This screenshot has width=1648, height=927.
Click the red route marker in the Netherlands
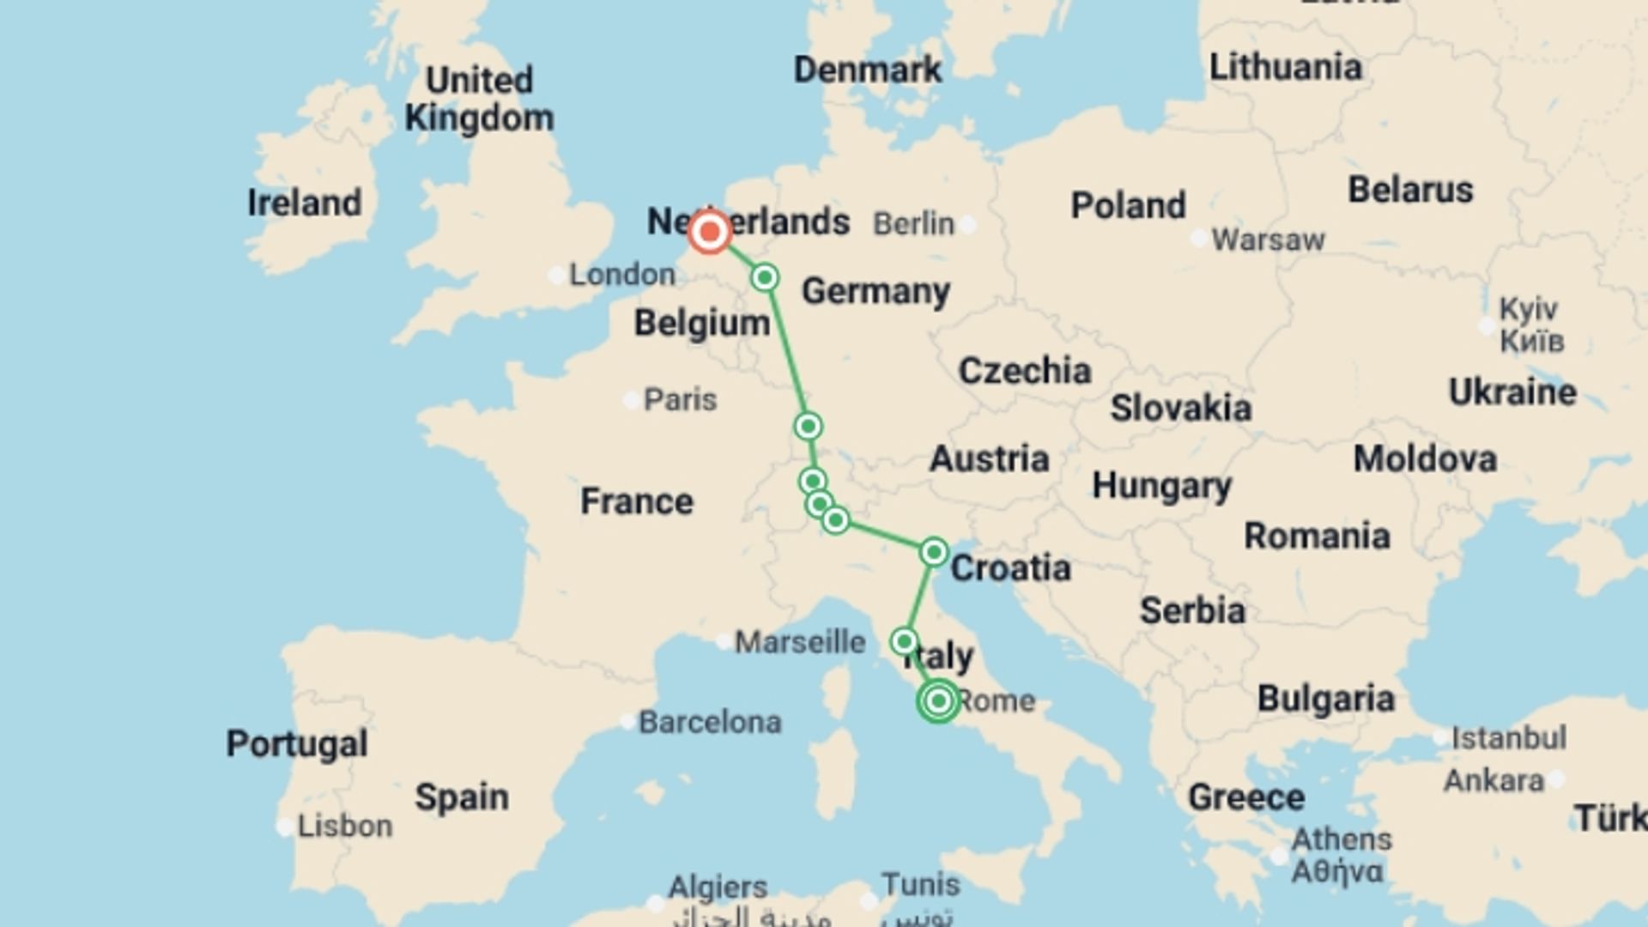709,232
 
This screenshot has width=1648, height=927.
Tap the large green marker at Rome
938,700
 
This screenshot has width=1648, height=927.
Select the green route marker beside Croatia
934,552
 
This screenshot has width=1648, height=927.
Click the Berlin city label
913,224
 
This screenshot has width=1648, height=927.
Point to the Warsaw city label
1268,239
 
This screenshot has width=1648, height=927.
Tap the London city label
622,275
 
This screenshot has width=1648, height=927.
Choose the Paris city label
680,399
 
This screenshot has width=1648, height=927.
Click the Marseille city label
800,641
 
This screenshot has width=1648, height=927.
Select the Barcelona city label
710,722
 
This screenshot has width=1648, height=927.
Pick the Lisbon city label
345,826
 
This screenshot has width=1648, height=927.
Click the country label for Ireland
305,203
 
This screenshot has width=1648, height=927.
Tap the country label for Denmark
867,70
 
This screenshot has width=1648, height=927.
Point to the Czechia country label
1025,371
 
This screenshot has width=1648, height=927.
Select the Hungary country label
1161,486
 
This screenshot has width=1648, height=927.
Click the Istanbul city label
1508,737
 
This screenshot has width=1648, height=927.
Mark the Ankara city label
1493,780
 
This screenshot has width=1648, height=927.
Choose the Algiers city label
718,886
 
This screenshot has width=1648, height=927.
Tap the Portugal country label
297,743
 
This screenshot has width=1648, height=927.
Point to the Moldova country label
1425,458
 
